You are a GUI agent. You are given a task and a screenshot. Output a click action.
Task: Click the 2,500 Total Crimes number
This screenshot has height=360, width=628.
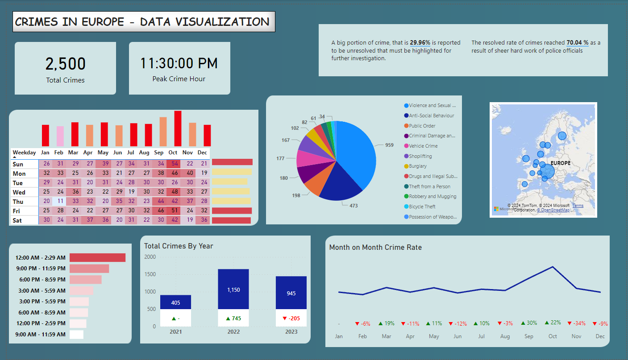(x=65, y=64)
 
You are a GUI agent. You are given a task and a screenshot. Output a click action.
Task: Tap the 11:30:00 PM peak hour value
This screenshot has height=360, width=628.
(x=179, y=63)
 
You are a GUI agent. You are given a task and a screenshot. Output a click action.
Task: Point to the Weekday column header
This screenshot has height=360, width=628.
(x=24, y=153)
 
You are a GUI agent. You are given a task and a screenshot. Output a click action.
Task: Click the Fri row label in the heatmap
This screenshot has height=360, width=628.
(x=17, y=211)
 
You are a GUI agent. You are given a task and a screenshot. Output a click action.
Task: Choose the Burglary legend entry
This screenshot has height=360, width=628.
(x=418, y=166)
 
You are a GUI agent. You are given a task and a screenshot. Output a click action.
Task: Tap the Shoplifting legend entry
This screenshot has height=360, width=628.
(x=420, y=156)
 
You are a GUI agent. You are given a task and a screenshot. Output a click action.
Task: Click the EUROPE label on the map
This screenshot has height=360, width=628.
(x=560, y=163)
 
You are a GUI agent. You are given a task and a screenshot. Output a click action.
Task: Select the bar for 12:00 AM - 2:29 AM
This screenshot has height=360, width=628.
(x=97, y=257)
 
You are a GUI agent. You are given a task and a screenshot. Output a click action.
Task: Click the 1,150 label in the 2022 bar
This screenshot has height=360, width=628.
(x=233, y=290)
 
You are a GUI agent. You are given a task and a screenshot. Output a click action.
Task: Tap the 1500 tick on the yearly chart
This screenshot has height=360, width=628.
(x=150, y=274)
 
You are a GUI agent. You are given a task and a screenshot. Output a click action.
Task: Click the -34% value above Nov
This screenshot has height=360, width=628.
(x=576, y=323)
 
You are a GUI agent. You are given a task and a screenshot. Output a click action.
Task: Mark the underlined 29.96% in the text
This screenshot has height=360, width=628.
(x=420, y=43)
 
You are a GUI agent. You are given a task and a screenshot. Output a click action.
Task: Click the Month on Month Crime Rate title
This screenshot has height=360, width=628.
(x=375, y=247)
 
